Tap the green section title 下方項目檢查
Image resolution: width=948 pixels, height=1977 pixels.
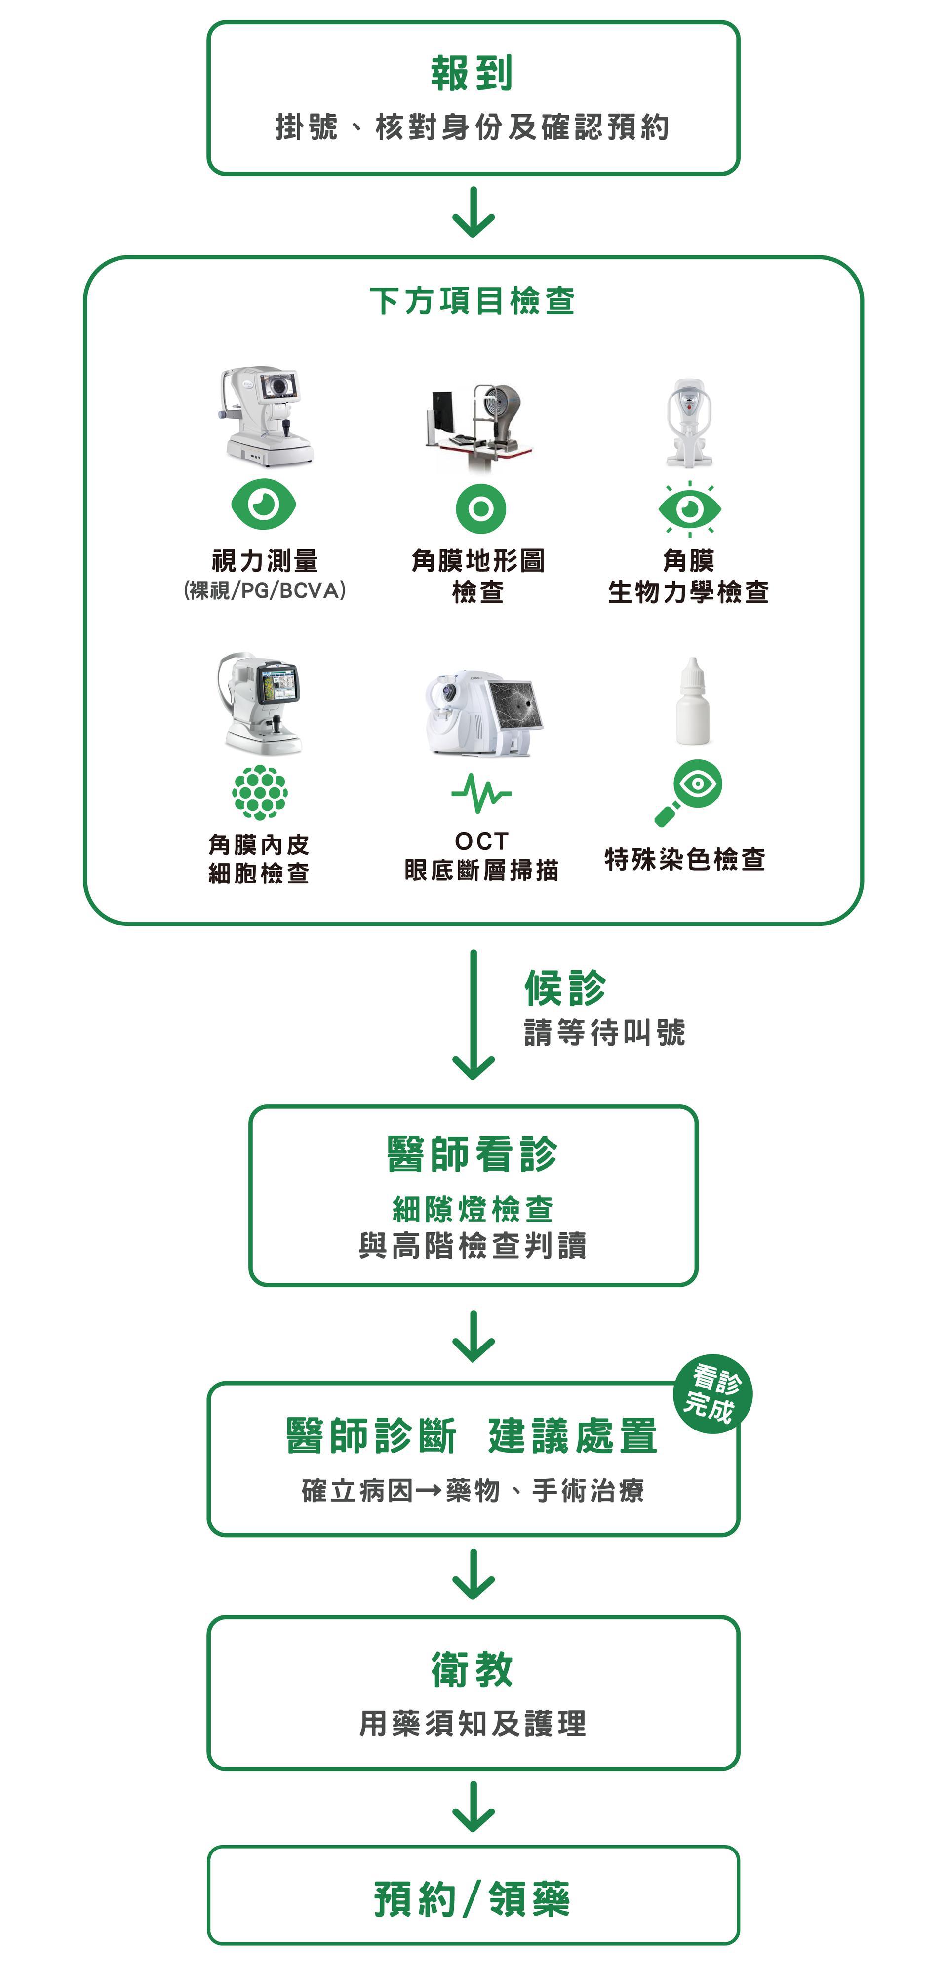pos(473,301)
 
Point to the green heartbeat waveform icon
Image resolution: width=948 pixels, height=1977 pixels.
pos(481,793)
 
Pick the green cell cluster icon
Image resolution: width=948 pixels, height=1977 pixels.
pos(260,792)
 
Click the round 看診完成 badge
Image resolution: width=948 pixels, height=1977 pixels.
pos(712,1394)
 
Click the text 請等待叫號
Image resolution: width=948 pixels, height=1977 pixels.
pos(604,1032)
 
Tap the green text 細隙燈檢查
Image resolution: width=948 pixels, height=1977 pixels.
pos(473,1209)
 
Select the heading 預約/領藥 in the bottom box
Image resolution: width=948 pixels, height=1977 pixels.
pos(473,1899)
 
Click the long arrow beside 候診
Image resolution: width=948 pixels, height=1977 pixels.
pos(473,1013)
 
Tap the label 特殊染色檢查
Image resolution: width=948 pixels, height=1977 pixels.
pos(685,860)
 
